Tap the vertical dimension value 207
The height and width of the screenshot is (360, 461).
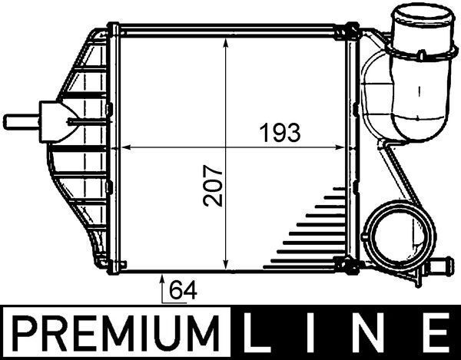tap(214, 186)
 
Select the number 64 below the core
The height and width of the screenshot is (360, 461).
tap(181, 292)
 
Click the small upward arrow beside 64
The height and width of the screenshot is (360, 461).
tap(163, 282)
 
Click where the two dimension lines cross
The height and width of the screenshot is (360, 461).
tap(226, 146)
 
